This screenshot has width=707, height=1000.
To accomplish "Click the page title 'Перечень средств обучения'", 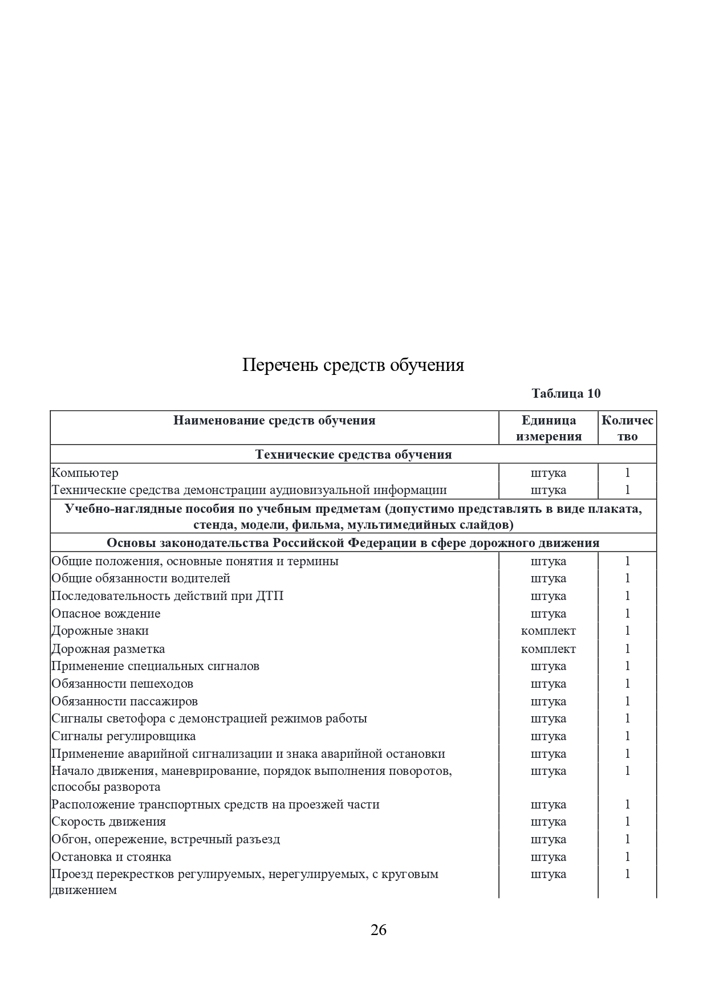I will coord(353,365).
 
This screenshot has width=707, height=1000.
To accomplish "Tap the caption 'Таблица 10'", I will coord(566,393).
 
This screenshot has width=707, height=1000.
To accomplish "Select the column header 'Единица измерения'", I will coord(548,428).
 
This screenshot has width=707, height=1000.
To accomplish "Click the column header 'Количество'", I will coord(627,428).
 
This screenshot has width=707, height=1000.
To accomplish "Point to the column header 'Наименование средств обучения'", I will coord(274,421).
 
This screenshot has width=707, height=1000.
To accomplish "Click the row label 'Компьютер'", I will coord(85,473).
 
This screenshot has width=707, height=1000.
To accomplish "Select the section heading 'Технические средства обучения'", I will coord(353,454).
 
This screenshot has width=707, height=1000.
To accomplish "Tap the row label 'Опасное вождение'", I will coord(106,614).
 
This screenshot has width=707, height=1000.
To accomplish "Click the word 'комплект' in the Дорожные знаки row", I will coord(548,631).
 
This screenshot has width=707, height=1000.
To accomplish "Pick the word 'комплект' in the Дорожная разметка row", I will coord(548,649).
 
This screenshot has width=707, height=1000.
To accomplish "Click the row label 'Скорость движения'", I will coord(109,822).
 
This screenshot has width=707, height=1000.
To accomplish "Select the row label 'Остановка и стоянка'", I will coord(111,857).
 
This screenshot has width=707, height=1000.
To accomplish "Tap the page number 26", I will coord(379,930).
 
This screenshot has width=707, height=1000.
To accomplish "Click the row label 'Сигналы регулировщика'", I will coord(124,736).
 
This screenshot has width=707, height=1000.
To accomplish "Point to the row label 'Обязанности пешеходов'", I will coord(122,684).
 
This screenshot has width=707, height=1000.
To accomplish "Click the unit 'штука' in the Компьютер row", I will coord(548,473).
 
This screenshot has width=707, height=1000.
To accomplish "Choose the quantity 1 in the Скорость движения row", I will coord(627,822).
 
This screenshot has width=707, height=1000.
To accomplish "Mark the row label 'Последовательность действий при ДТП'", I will coord(168,596).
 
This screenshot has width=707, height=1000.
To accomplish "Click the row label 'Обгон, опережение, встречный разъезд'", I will coord(166,839).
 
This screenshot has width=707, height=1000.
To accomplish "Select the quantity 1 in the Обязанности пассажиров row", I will coord(627,701).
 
